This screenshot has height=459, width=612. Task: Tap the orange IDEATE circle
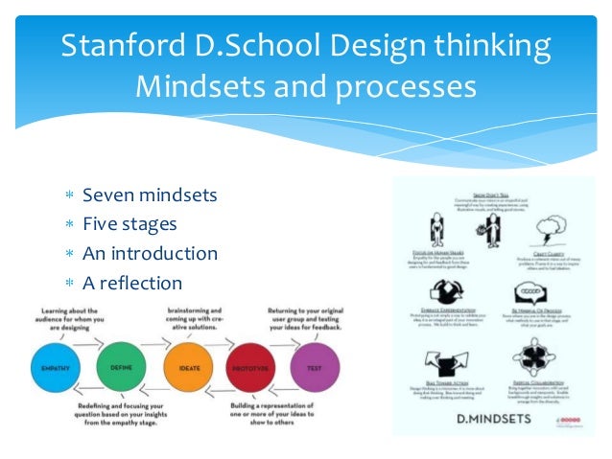188,368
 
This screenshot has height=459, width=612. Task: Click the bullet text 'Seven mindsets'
150,195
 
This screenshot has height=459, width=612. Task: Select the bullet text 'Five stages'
129,224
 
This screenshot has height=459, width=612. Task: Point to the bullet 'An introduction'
150,254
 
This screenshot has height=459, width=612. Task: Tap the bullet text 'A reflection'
132,283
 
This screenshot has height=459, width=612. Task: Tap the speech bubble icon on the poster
530,293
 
